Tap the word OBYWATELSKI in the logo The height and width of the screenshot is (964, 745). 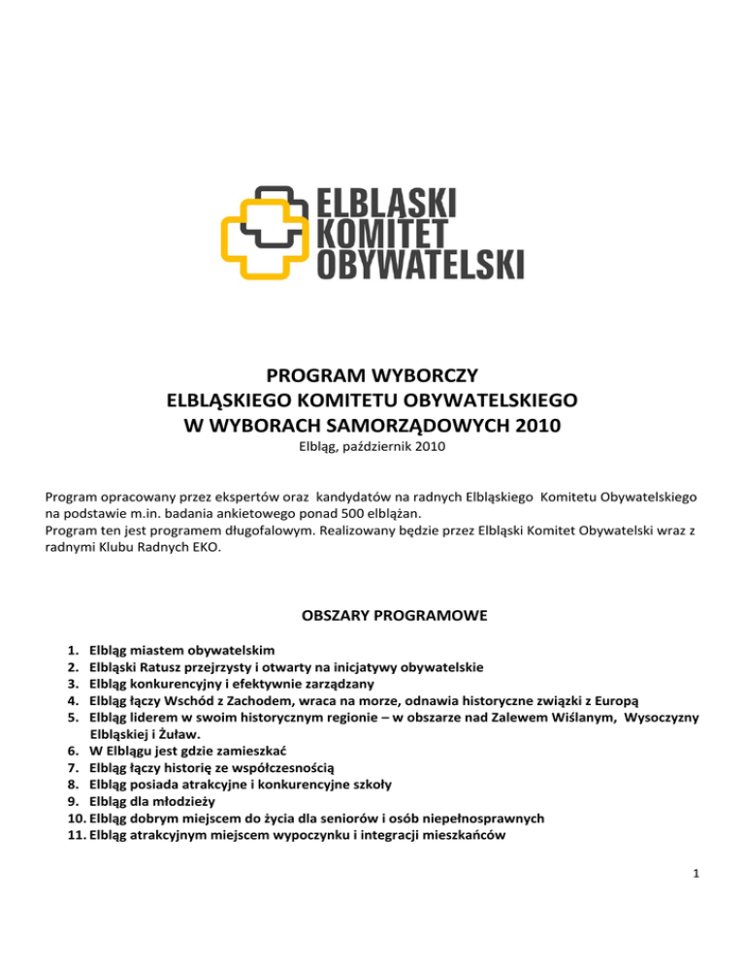click(421, 264)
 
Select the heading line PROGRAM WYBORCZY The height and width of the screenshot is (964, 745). click(372, 375)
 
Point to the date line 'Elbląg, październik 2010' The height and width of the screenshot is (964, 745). click(372, 447)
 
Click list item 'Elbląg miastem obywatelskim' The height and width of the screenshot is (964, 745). click(181, 650)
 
